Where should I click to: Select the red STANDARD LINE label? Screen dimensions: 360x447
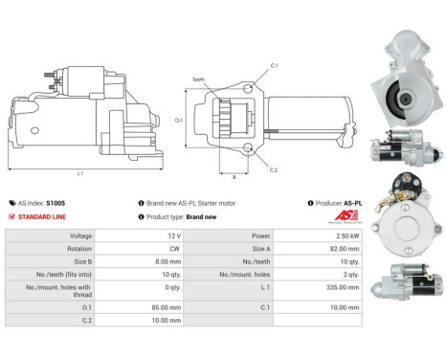(43, 216)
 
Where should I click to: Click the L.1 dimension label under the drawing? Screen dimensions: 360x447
(80, 172)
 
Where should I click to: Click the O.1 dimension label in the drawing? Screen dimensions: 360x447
(178, 121)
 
